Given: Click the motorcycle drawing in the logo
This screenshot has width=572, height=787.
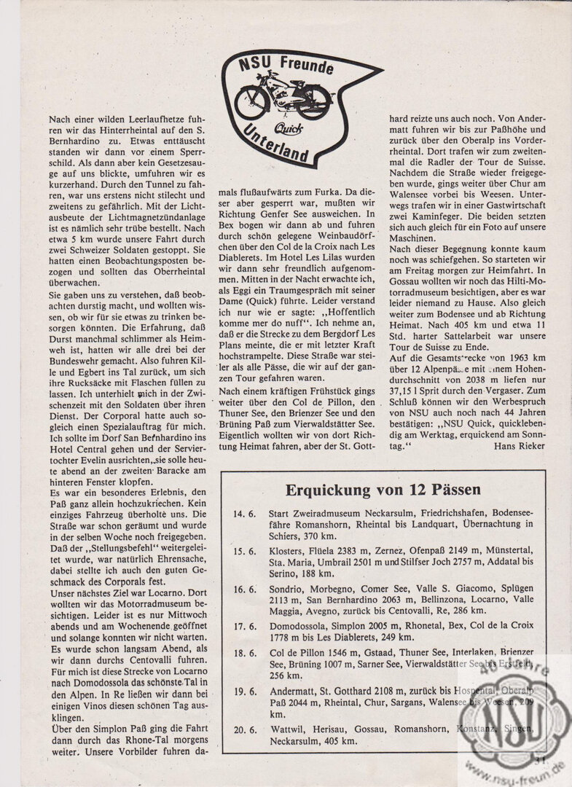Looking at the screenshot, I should point(283,100).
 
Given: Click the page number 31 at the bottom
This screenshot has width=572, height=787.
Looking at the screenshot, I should point(540,760).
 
